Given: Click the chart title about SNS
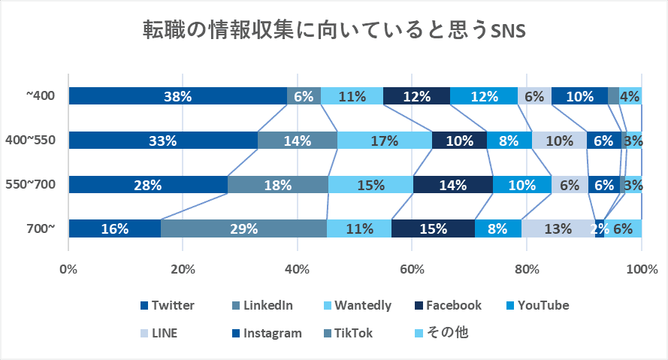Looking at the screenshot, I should (x=334, y=31).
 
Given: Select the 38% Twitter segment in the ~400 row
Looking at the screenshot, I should (x=178, y=96).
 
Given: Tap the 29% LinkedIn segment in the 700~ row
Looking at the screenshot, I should (x=243, y=229).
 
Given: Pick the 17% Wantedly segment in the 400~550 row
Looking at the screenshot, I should (x=384, y=141).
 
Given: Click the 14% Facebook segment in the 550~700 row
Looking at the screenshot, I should (x=453, y=185).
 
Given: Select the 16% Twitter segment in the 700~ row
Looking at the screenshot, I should (x=114, y=229).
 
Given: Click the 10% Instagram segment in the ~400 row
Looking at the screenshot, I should (x=579, y=96).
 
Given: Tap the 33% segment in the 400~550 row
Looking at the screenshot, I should (x=163, y=141).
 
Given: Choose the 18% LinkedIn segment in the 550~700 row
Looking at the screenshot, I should (x=278, y=185).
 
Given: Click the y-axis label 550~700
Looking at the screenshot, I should (x=31, y=185).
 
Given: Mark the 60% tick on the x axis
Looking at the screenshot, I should (x=413, y=268).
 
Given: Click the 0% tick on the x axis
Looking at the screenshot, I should (x=68, y=268).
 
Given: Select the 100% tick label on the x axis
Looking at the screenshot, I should (x=641, y=268).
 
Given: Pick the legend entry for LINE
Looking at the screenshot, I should (x=164, y=333).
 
